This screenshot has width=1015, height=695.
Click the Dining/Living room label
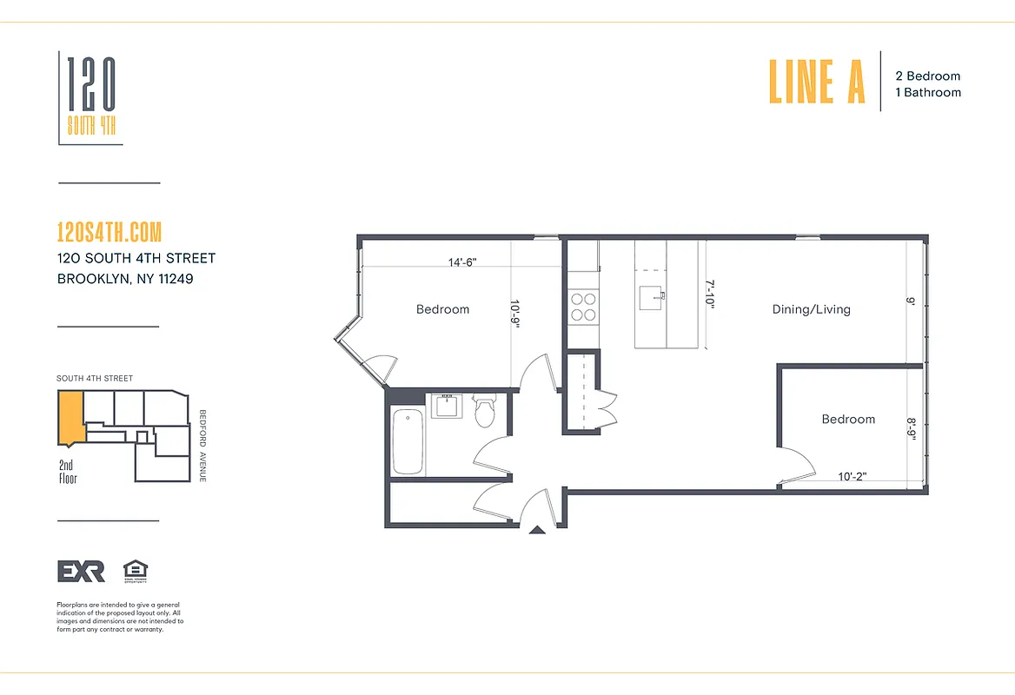pos(811,309)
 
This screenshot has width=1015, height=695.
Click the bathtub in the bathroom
pos(408,442)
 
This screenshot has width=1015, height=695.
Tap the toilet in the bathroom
pos(484,412)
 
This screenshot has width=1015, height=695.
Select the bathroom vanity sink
pos(449,406)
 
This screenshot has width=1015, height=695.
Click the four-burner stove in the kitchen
pos(583,307)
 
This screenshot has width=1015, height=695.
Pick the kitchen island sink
pos(650,298)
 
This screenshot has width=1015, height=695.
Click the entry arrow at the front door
pos(537,528)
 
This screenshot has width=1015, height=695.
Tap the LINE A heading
pos(817,82)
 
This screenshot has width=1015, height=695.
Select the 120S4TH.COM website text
pos(109,233)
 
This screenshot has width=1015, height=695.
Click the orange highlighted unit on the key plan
pos(70,415)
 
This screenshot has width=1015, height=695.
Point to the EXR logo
pos(81,571)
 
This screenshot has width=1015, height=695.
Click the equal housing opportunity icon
pos(136,570)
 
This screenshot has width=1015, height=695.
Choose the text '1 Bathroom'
pos(928,92)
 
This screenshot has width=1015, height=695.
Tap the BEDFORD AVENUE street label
pos(202,446)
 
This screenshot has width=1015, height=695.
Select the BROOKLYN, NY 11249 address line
pos(124,279)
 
